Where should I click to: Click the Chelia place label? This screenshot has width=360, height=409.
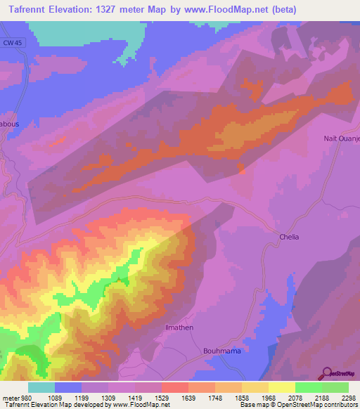click(x=288, y=237)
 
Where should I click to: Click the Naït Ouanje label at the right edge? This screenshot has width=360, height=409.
click(x=341, y=138)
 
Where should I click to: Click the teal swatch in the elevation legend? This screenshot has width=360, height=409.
click(x=41, y=387)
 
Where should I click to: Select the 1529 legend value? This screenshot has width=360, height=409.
click(x=161, y=398)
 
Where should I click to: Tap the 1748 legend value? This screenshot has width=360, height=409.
click(x=214, y=398)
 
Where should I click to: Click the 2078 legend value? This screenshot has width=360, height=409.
click(x=295, y=398)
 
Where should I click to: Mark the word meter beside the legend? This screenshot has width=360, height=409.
click(x=9, y=398)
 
